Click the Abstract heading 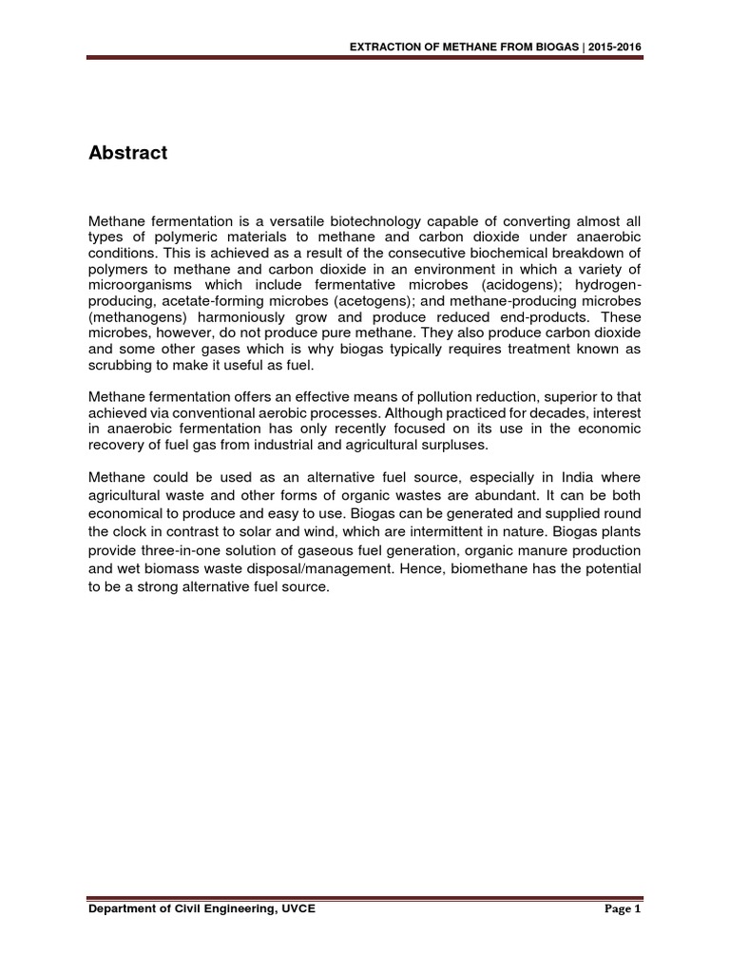tap(127, 153)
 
